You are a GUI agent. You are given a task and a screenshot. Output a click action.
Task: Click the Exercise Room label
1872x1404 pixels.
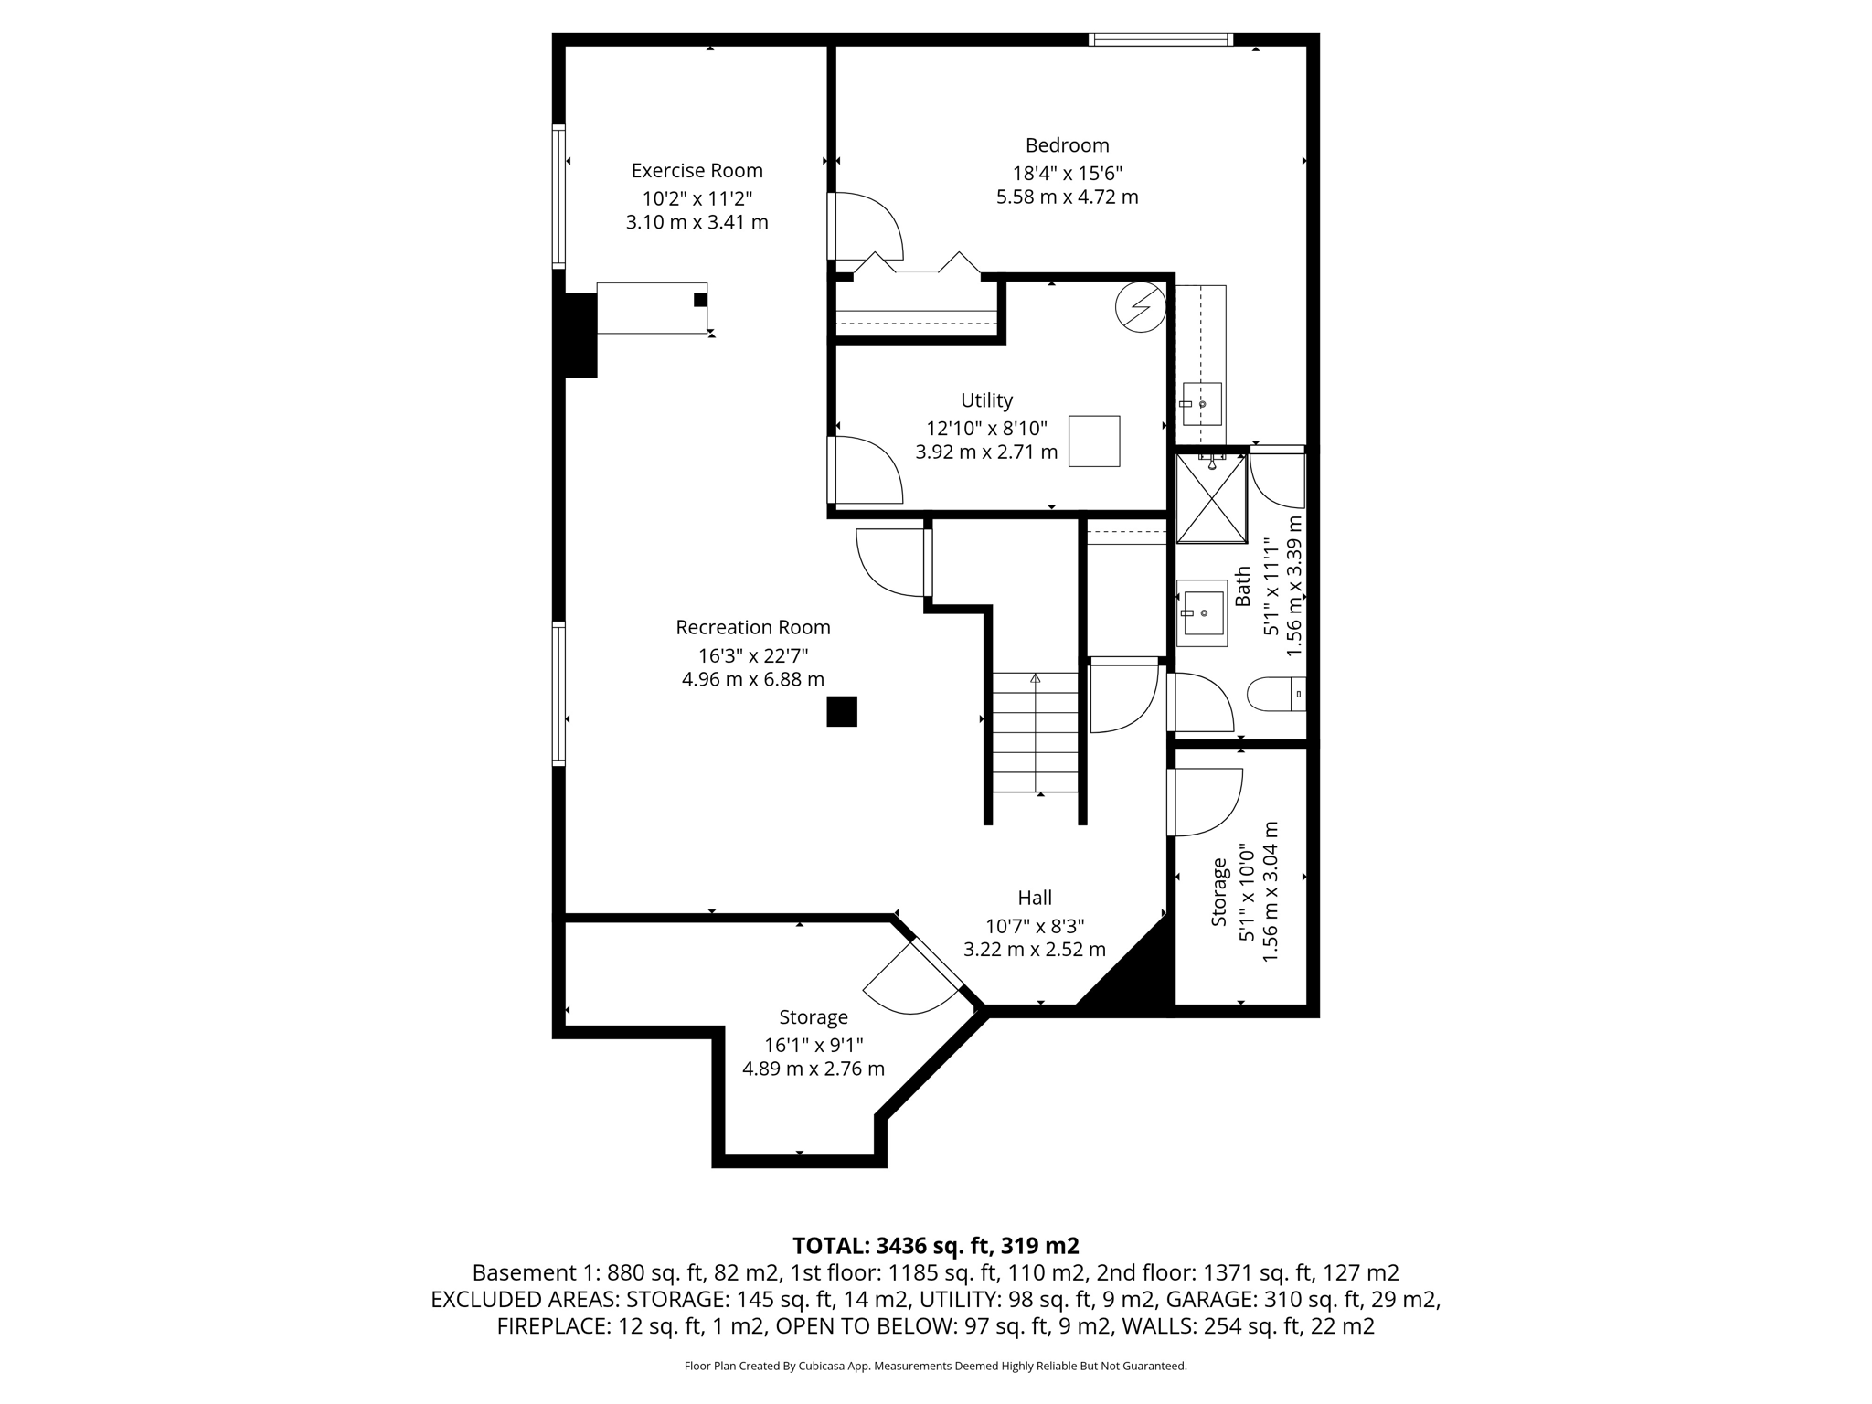pyautogui.click(x=697, y=170)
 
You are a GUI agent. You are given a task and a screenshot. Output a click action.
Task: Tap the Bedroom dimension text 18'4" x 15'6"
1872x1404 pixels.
pyautogui.click(x=1067, y=173)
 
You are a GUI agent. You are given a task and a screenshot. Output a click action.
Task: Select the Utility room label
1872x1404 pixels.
pyautogui.click(x=986, y=400)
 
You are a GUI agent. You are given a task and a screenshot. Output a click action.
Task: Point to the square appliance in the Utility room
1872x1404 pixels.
pyautogui.click(x=1094, y=441)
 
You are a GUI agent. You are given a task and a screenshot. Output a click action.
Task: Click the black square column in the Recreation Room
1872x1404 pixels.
pyautogui.click(x=842, y=711)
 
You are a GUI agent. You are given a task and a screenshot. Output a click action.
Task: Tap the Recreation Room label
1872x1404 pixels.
pyautogui.click(x=752, y=627)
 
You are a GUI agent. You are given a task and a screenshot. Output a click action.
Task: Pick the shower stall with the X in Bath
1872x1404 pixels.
pyautogui.click(x=1211, y=499)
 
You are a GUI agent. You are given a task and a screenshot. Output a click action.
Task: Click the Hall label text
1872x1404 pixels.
pyautogui.click(x=1035, y=898)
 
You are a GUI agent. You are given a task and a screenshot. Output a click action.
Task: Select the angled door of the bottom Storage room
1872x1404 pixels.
pyautogui.click(x=914, y=977)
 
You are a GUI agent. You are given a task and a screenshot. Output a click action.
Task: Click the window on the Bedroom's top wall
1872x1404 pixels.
pyautogui.click(x=1161, y=39)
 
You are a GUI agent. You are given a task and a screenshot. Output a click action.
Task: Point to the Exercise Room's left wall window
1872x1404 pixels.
pyautogui.click(x=558, y=197)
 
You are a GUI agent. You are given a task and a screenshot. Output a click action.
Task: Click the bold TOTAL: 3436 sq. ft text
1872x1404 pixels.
pyautogui.click(x=935, y=1246)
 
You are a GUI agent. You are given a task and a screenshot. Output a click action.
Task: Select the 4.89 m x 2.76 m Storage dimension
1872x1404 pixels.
pyautogui.click(x=813, y=1069)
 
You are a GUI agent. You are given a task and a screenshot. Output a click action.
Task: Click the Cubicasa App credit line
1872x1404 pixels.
pyautogui.click(x=935, y=1367)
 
